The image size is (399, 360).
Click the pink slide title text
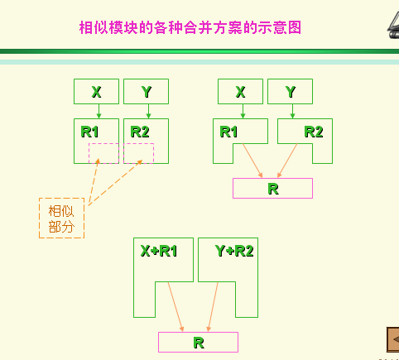point(190,27)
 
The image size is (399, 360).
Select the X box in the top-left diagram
point(96,91)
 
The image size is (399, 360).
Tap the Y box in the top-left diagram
point(146,91)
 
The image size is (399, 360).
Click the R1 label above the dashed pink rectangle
point(89,132)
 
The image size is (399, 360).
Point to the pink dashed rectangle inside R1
point(103,143)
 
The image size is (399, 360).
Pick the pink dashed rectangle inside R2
point(138,143)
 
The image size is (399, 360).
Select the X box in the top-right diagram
point(240,91)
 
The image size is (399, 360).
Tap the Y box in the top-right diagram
point(290,91)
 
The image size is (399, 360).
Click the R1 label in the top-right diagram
point(228,132)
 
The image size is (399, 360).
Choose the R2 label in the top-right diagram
point(314,132)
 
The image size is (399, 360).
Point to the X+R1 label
point(159,251)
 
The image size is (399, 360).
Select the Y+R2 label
point(234,251)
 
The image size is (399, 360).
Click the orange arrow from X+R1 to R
point(175,306)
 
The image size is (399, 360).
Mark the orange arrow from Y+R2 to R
point(213,306)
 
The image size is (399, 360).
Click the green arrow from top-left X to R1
point(99,111)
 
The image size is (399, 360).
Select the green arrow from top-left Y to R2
point(148,111)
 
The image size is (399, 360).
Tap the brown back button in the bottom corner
point(393,339)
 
